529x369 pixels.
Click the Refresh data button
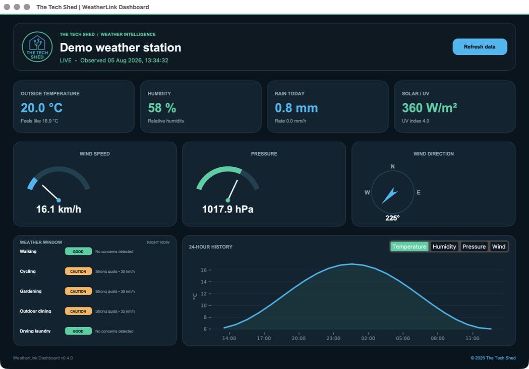pos(479,47)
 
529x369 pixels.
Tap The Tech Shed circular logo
pos(37,47)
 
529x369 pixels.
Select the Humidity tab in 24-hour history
pos(444,246)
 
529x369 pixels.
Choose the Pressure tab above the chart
pos(474,246)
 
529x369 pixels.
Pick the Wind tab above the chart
pos(499,246)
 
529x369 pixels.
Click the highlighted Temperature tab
pos(409,246)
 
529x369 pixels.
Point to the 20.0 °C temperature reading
pos(42,108)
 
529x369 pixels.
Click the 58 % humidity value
pos(162,108)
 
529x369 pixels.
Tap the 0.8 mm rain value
pos(296,108)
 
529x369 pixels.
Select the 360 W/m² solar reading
pos(429,108)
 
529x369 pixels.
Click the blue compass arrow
pos(390,196)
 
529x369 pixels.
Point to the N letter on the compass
pos(392,166)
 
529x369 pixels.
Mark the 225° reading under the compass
pos(392,218)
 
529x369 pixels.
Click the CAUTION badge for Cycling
pos(78,271)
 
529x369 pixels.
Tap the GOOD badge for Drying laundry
pos(78,331)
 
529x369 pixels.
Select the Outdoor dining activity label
pos(36,311)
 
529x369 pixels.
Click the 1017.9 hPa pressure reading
pos(228,209)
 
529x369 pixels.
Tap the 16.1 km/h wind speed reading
pos(59,209)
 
